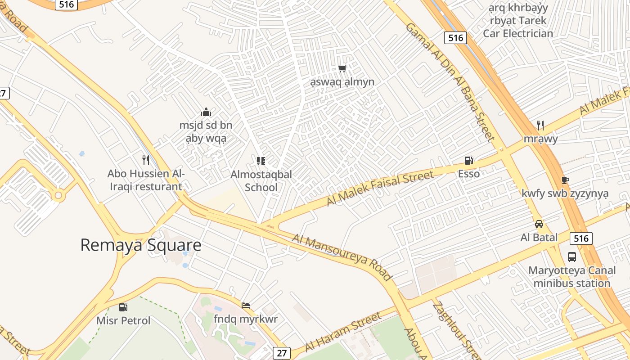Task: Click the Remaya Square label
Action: click(x=140, y=245)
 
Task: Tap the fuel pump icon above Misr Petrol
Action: click(x=123, y=307)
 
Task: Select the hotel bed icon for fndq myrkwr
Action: click(x=246, y=306)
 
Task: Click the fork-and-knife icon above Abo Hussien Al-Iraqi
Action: click(x=146, y=160)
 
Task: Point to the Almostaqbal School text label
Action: click(x=261, y=180)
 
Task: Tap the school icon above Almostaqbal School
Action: click(x=261, y=161)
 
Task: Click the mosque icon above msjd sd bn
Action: click(x=206, y=112)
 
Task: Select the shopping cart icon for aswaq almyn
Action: click(x=342, y=69)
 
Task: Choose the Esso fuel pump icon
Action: click(x=468, y=161)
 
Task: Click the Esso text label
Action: click(x=469, y=174)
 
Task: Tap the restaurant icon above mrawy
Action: click(x=540, y=125)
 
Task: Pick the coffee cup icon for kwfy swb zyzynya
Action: click(x=565, y=180)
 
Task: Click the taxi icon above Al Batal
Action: click(x=539, y=224)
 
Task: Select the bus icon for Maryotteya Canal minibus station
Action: click(x=572, y=257)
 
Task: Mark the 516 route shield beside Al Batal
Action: click(x=581, y=238)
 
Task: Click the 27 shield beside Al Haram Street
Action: click(x=282, y=353)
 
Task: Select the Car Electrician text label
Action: click(x=518, y=33)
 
